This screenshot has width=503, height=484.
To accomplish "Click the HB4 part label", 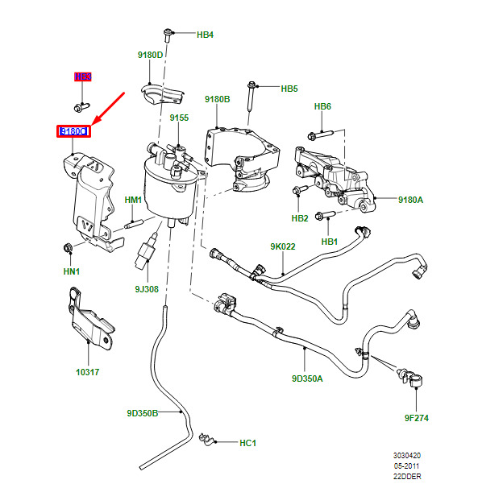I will pos(205,35).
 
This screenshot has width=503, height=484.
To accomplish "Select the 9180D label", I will pos(150,56).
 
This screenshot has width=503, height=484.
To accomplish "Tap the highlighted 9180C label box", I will pos(73,131).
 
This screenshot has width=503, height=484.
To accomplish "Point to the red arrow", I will pos(109,110).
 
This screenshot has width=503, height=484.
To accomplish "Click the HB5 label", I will pos(289,89).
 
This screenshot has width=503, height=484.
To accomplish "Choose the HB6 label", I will pos(322,106).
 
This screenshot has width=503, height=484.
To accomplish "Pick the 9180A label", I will pos(410,199).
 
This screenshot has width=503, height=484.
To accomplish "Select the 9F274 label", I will pos(417,418).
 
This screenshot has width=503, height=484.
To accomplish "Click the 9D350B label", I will pos(142,414).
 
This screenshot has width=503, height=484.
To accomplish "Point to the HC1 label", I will pos(247,443).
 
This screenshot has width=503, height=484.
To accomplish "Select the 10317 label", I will pos(87,372).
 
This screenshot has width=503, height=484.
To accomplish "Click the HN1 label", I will pos(73,272).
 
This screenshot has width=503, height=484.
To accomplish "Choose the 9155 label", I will pos(179,118).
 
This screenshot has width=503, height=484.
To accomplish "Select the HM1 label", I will pos(133,200).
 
